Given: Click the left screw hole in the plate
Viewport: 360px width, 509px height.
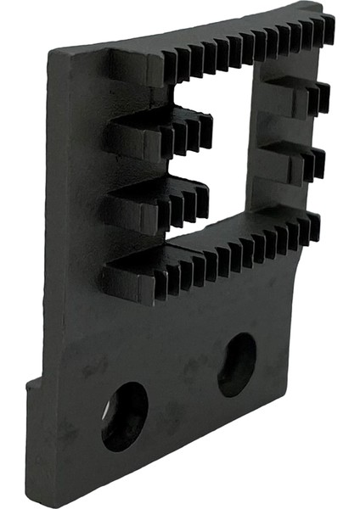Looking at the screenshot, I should coord(124,416).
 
